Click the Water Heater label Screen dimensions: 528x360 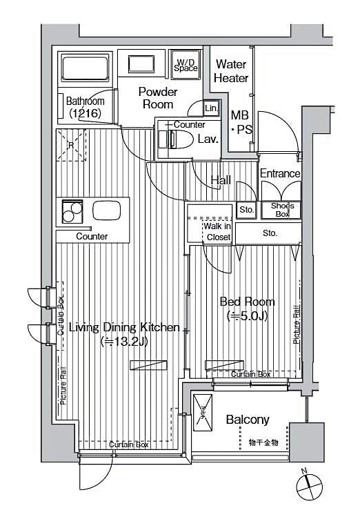click(x=231, y=71)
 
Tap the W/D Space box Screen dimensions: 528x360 click(x=186, y=63)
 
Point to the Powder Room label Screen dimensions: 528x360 click(x=158, y=98)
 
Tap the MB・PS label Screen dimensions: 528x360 click(x=241, y=123)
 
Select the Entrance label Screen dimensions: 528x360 click(x=279, y=173)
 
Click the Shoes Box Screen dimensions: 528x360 click(x=281, y=210)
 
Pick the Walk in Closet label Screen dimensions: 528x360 click(x=218, y=232)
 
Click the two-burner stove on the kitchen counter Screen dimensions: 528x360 click(x=72, y=211)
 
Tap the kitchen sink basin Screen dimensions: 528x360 click(x=107, y=211)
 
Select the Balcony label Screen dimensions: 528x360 click(x=248, y=420)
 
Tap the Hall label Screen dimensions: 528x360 click(x=221, y=180)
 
